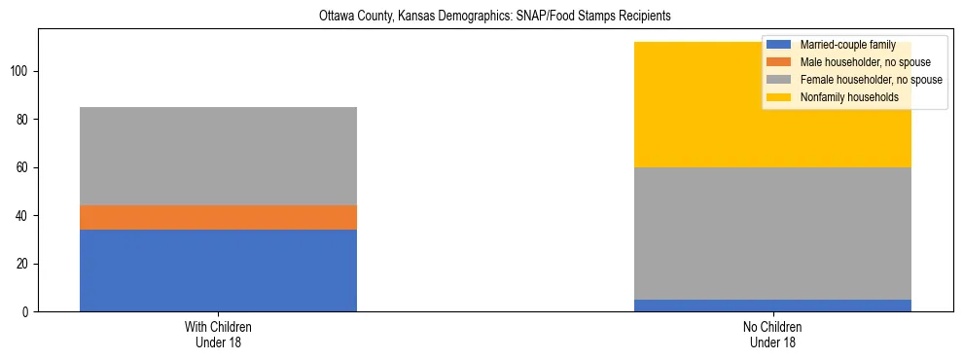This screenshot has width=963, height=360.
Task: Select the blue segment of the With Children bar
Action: pyautogui.click(x=218, y=270)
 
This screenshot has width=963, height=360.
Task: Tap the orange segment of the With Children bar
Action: pyautogui.click(x=218, y=217)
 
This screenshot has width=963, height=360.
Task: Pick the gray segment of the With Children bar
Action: pyautogui.click(x=218, y=156)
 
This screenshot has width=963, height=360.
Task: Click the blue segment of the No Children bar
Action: pyautogui.click(x=772, y=306)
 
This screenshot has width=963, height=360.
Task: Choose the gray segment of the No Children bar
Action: pyautogui.click(x=772, y=234)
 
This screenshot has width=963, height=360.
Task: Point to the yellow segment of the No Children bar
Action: pyautogui.click(x=681, y=105)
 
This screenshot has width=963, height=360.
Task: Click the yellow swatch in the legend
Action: pyautogui.click(x=779, y=97)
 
